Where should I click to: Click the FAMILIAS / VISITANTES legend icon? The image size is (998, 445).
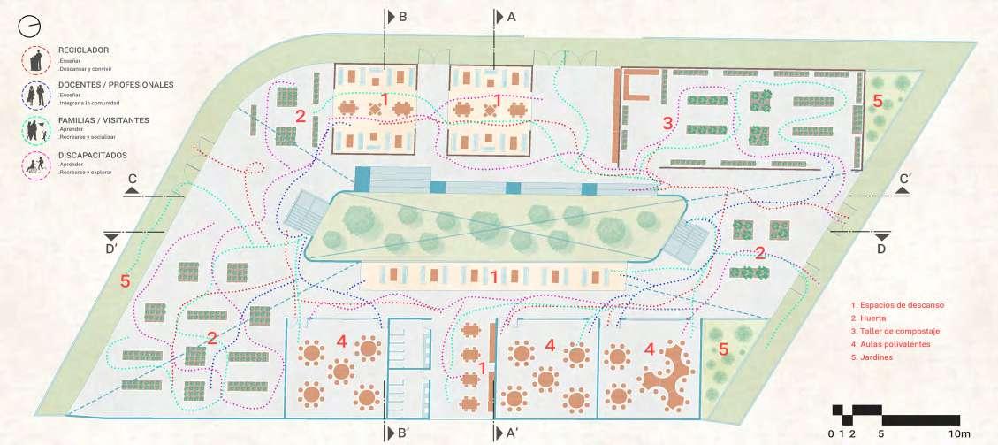36,128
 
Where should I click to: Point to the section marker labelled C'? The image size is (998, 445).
904,180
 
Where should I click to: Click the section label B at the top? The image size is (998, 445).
402,17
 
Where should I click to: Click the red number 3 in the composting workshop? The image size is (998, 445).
668,124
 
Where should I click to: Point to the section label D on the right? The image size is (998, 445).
881,249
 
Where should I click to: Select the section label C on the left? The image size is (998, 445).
131,180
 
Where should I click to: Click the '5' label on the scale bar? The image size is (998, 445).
880,433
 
